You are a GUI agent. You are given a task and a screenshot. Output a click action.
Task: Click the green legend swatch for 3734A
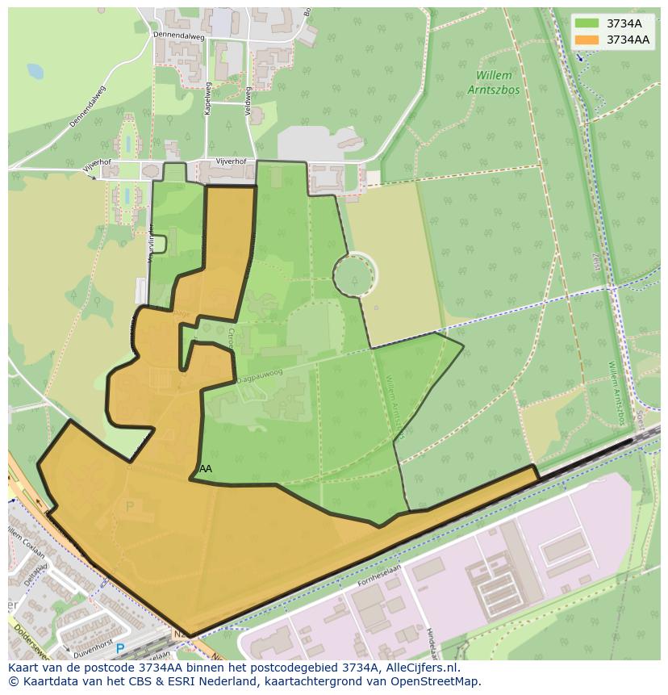[587, 23]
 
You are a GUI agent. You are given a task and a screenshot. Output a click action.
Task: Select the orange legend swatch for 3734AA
[587, 40]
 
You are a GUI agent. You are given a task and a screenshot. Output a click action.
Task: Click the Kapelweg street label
[207, 98]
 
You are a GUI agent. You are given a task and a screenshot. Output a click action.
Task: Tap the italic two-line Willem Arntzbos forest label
[493, 83]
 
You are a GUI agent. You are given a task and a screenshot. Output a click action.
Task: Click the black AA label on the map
[206, 468]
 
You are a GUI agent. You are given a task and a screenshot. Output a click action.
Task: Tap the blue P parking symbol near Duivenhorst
[120, 648]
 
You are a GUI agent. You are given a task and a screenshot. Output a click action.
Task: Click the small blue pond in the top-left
[35, 71]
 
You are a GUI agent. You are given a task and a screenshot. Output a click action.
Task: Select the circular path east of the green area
[355, 274]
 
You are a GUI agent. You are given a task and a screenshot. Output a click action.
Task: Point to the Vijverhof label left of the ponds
[97, 164]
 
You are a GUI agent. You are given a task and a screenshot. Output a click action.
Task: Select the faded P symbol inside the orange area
[130, 506]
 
